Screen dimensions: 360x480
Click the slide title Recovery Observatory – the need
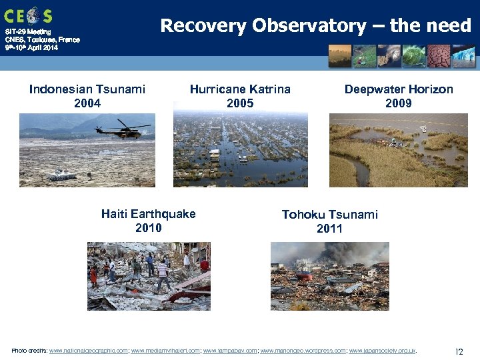click(x=315, y=26)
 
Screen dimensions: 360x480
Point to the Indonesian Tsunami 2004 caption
click(x=87, y=96)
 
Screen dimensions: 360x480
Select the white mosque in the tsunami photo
click(x=62, y=174)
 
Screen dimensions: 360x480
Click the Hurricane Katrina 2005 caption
click(x=240, y=96)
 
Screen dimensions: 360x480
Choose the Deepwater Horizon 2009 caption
click(x=398, y=96)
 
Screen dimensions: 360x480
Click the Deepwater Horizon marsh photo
click(x=398, y=150)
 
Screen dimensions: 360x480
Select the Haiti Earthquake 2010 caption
click(x=148, y=221)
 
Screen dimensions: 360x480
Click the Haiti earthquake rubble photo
click(x=148, y=275)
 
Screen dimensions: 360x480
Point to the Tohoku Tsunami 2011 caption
click(x=329, y=221)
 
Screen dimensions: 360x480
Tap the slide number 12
click(x=459, y=351)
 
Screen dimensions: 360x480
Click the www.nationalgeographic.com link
click(x=89, y=351)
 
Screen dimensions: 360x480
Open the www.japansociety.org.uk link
click(x=382, y=351)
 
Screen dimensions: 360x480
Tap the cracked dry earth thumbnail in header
click(x=438, y=56)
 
